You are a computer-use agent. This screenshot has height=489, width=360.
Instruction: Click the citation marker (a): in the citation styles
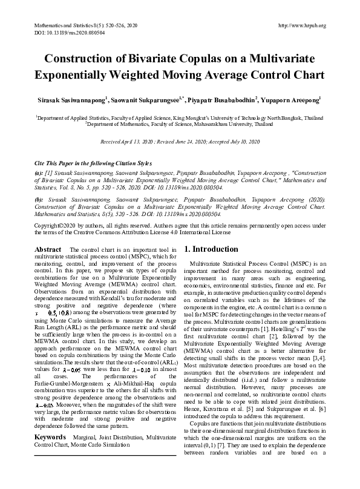[x=39, y=172]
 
